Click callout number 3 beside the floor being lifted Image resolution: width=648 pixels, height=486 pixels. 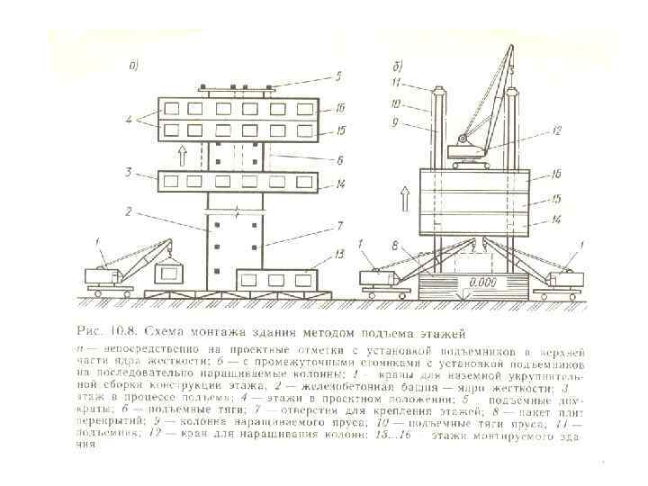[x=130, y=171]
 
